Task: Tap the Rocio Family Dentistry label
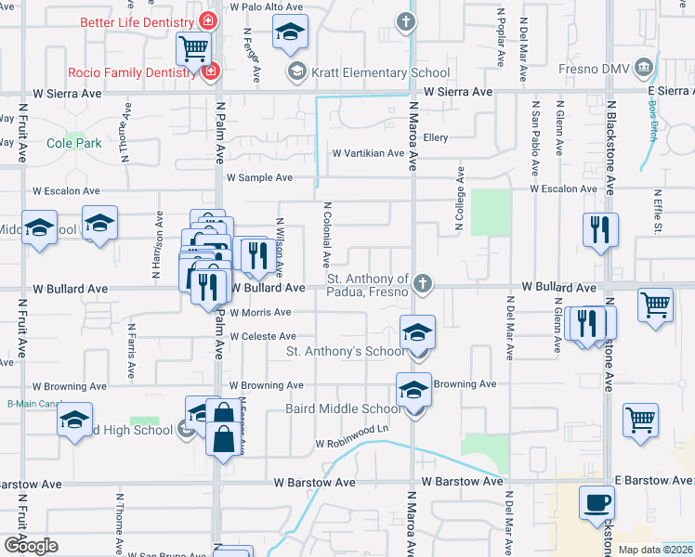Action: (134, 71)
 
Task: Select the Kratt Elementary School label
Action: (368, 72)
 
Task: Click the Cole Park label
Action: (73, 144)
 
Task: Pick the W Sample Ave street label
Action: (259, 177)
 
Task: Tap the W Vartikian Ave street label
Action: (368, 153)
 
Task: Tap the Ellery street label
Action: (435, 137)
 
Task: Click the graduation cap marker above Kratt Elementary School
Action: (290, 32)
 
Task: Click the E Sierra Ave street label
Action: (670, 91)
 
